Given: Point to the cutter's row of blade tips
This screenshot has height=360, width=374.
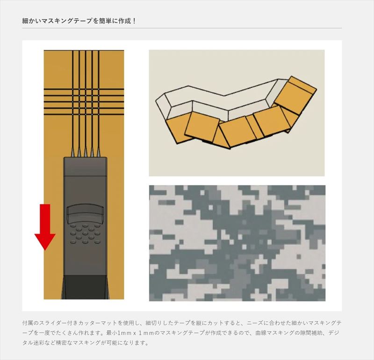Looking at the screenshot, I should tap(85, 152).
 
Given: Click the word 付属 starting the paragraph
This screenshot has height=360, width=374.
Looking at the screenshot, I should tap(27, 323).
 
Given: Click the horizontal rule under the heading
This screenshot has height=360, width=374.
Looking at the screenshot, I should tap(182, 28).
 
